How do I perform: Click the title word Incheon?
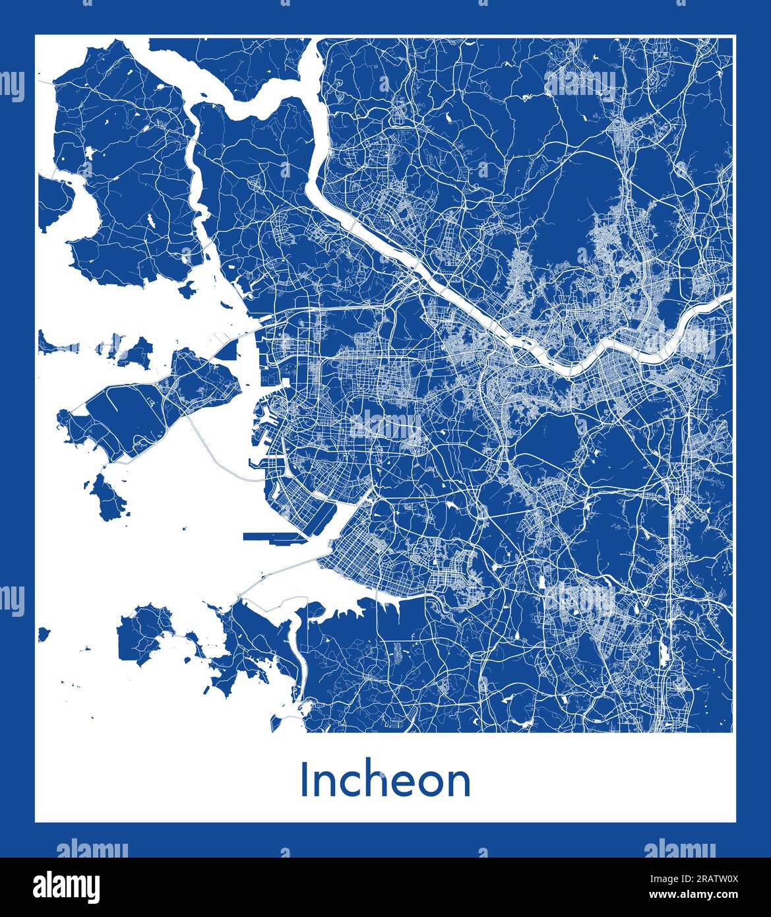pos(385,780)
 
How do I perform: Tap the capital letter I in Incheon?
pos(305,780)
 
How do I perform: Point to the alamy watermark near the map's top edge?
pos(580,84)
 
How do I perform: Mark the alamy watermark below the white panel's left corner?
pos(92,849)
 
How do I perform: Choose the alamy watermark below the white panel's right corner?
pos(679,849)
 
